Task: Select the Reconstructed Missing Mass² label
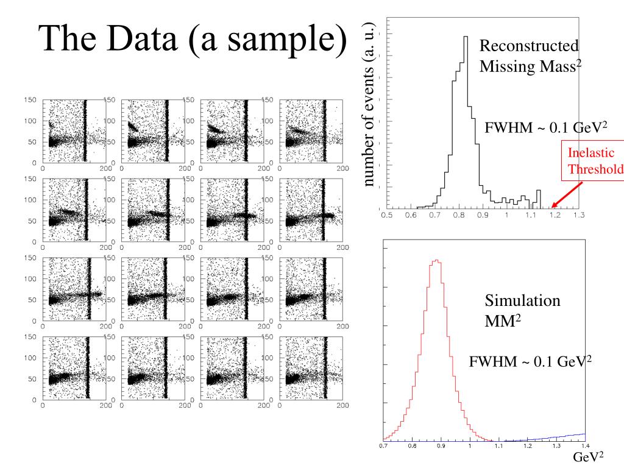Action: pyautogui.click(x=530, y=56)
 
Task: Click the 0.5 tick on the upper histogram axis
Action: pyautogui.click(x=386, y=215)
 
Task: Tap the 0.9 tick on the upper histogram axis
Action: pyautogui.click(x=482, y=215)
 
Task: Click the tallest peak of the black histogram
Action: pyautogui.click(x=466, y=38)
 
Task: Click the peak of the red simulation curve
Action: pyautogui.click(x=436, y=261)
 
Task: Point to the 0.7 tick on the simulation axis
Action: pyautogui.click(x=384, y=447)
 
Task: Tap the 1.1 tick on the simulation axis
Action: pyautogui.click(x=498, y=447)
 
